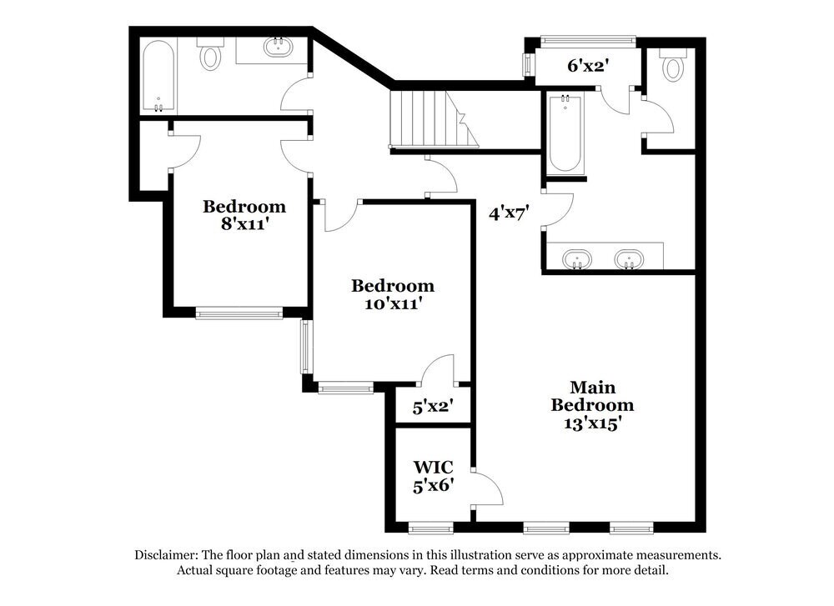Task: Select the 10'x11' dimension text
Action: pos(392,304)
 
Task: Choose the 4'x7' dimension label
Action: pos(509,213)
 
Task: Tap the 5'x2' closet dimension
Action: pos(433,408)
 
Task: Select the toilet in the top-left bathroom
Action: pos(209,56)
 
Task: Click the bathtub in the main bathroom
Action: pos(565,133)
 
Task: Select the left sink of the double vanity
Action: pos(575,258)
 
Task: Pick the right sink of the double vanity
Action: pos(630,258)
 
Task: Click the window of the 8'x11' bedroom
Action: pos(239,314)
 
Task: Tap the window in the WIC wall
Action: pos(431,528)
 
